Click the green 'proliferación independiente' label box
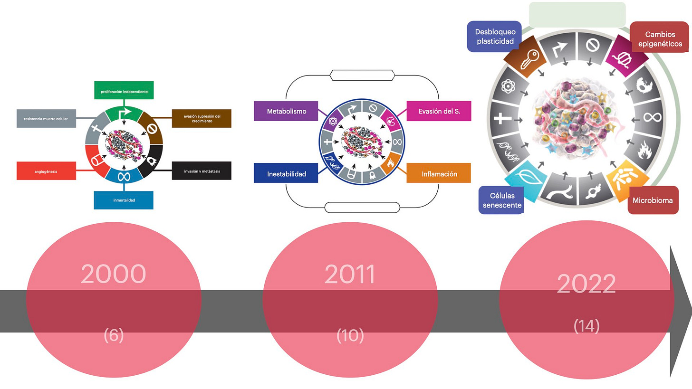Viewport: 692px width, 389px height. (124, 90)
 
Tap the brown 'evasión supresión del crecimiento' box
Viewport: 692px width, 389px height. (201, 118)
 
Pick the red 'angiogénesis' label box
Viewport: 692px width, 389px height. (46, 171)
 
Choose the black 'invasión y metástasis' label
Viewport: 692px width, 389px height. (201, 171)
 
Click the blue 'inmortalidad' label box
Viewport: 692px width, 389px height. (124, 200)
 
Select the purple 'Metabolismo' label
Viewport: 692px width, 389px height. (286, 111)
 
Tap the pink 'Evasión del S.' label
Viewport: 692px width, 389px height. (439, 111)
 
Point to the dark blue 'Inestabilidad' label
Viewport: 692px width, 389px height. (286, 174)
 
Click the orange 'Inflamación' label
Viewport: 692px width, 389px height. (439, 174)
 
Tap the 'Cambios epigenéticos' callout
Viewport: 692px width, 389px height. (659, 39)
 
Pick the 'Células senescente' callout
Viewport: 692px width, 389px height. (501, 200)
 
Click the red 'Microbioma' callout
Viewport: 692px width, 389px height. (653, 200)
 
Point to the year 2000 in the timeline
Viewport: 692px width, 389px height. (113, 274)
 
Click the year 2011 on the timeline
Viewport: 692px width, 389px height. (350, 274)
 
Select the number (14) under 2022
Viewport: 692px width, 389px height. (586, 326)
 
